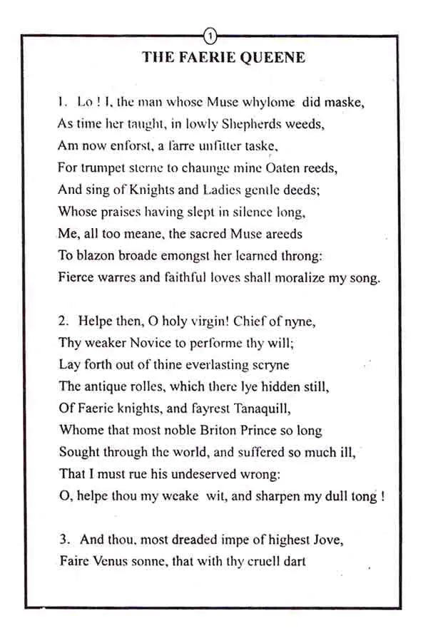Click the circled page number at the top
click(x=210, y=34)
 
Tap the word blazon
click(x=94, y=255)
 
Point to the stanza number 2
click(x=63, y=321)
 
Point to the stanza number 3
click(x=63, y=540)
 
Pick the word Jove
click(x=310, y=540)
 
